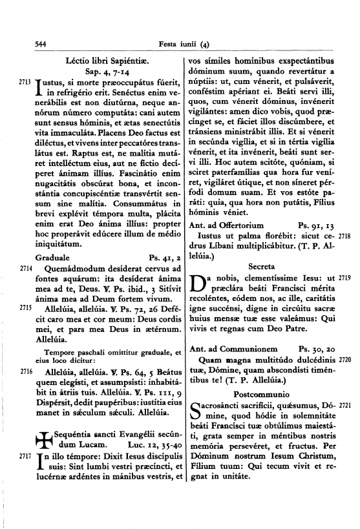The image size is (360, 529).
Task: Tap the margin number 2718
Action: [344, 237]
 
